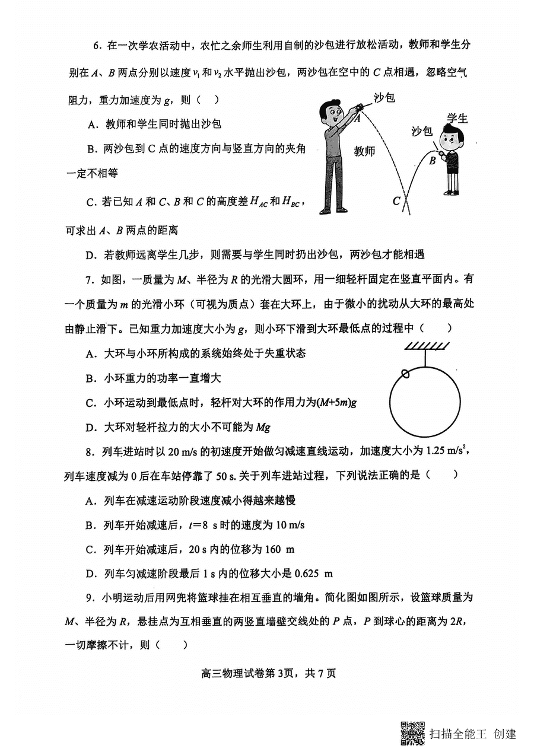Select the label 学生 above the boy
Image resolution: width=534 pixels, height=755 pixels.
457,118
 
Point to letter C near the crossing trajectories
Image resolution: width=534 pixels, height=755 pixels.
396,201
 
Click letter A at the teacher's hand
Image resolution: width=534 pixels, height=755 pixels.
357,118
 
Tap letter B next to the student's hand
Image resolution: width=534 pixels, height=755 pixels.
433,160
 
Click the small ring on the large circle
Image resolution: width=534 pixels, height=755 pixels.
405,374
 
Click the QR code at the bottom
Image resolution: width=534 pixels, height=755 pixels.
413,733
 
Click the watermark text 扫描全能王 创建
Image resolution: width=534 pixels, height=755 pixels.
473,734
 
